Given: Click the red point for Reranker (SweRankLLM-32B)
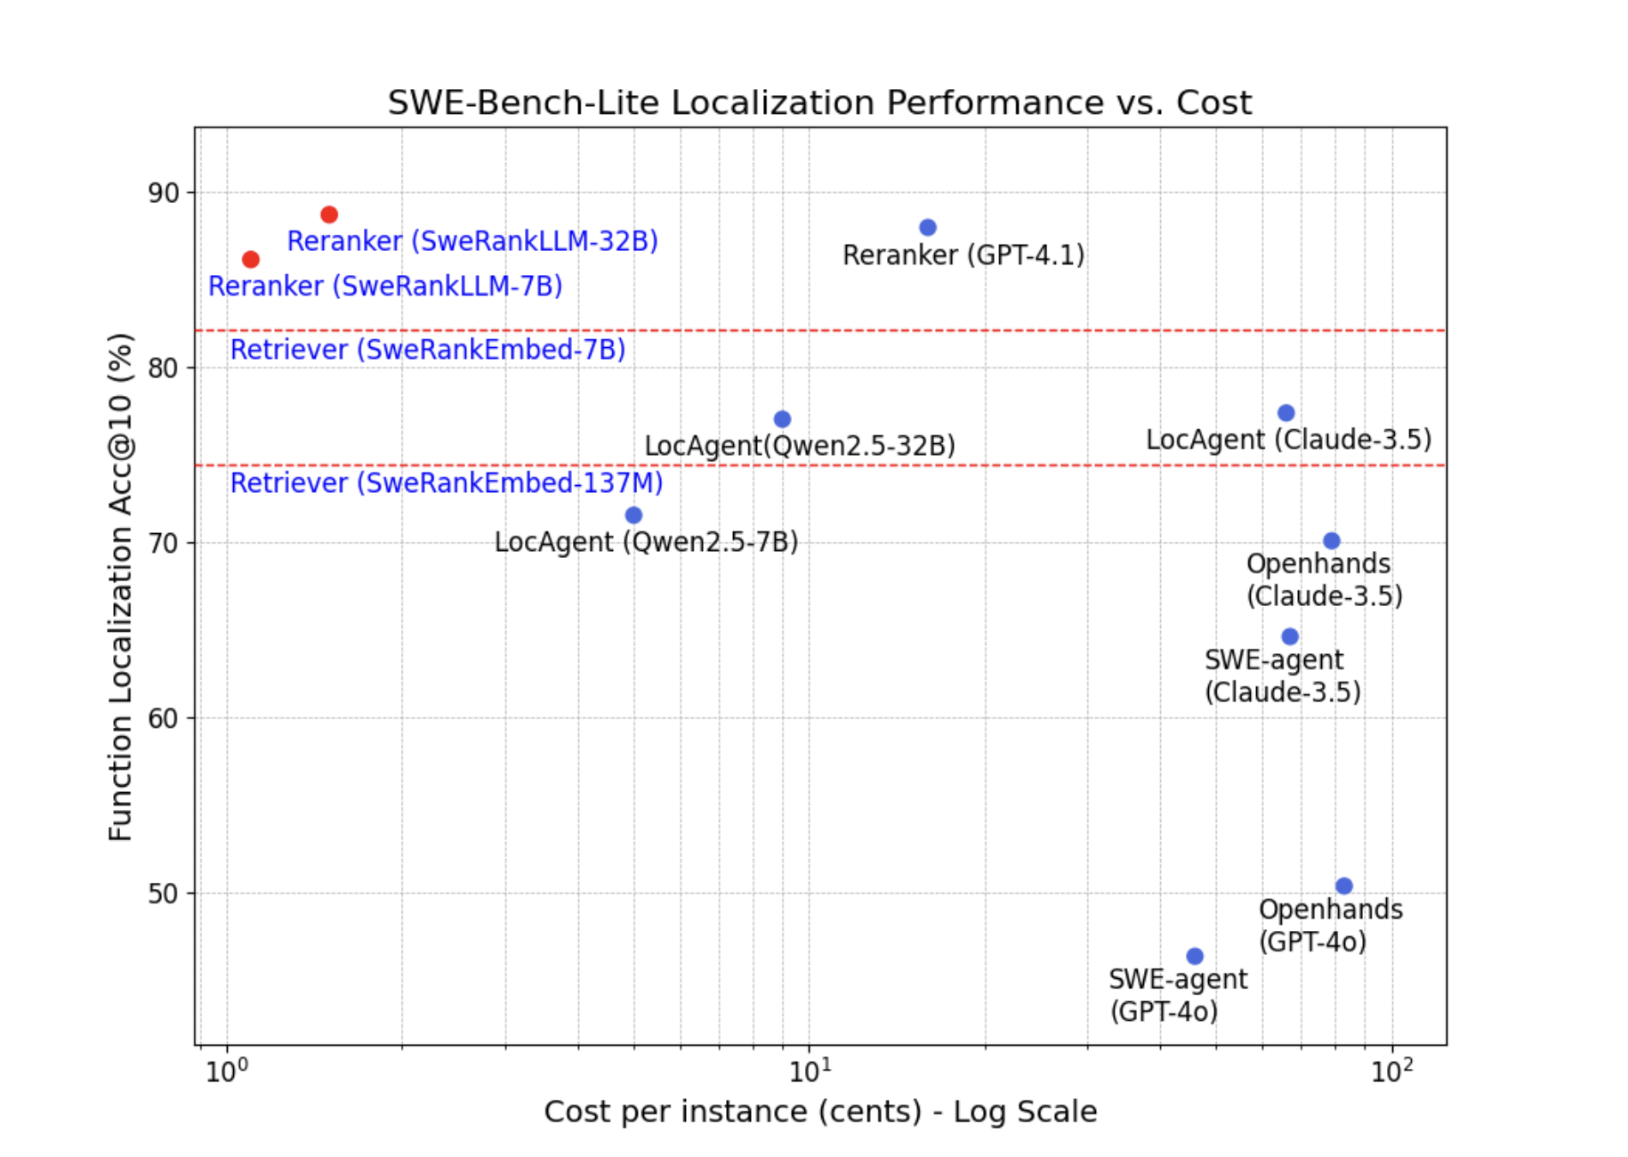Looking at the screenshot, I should click(329, 214).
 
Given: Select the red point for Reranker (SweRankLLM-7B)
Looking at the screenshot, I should click(251, 259).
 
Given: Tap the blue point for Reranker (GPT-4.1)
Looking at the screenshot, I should click(928, 228).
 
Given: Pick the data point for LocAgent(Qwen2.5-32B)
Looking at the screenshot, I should click(782, 419).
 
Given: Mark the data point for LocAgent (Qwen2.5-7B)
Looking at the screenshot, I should click(633, 515).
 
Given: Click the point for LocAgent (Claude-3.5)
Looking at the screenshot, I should click(1285, 413).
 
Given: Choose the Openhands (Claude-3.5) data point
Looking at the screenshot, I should click(1331, 541).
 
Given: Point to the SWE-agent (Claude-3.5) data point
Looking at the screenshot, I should click(1290, 636).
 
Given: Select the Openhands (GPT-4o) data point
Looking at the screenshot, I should click(1344, 886).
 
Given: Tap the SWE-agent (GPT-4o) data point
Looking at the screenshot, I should click(1195, 956).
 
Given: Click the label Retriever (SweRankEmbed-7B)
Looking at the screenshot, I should click(428, 350).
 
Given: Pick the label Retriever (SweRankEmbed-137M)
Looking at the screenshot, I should click(447, 483).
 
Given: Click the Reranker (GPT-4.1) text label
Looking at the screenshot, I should click(963, 255).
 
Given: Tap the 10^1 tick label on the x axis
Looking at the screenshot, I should click(810, 1071).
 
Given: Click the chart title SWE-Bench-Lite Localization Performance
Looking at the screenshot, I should click(819, 103).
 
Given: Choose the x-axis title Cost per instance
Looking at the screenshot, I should click(820, 1112).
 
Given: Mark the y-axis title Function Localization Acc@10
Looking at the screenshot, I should click(120, 587).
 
